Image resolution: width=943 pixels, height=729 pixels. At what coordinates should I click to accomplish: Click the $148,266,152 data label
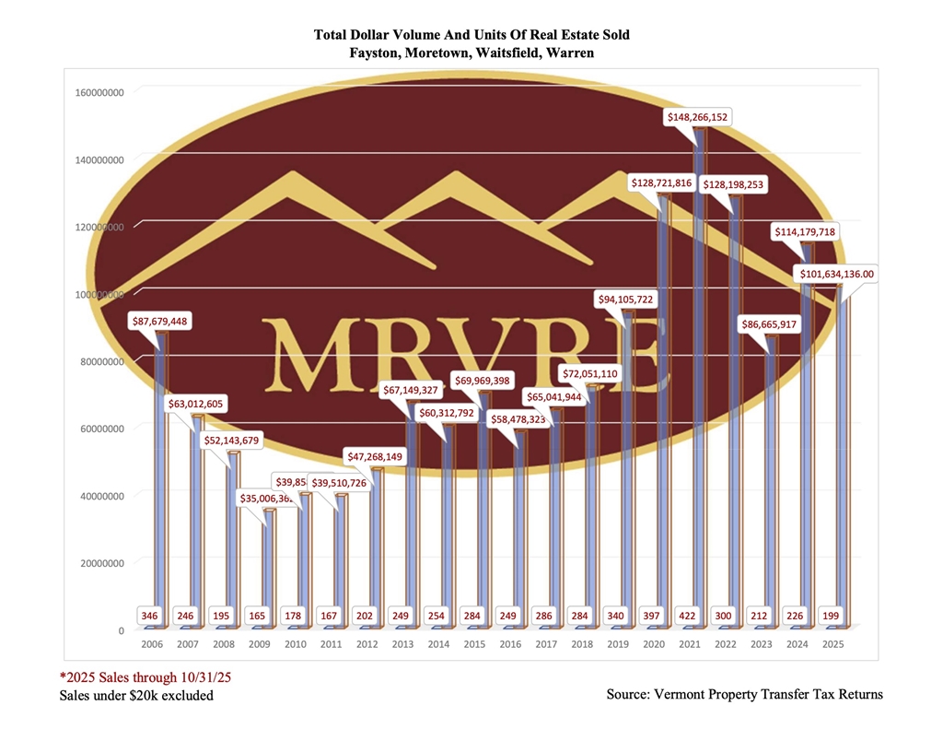click(699, 117)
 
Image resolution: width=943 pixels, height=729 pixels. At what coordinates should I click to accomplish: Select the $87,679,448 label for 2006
click(163, 322)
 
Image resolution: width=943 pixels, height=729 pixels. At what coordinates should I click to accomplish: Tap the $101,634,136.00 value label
click(837, 274)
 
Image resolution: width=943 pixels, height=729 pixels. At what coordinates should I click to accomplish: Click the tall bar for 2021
click(699, 369)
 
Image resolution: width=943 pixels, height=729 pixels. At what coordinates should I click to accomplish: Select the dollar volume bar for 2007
click(195, 516)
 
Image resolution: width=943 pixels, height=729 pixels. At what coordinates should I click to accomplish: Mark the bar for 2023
click(772, 479)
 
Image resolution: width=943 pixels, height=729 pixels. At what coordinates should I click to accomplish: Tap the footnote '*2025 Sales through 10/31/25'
click(146, 676)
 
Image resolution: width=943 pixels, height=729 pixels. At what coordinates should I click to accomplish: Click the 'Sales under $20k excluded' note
click(136, 695)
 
